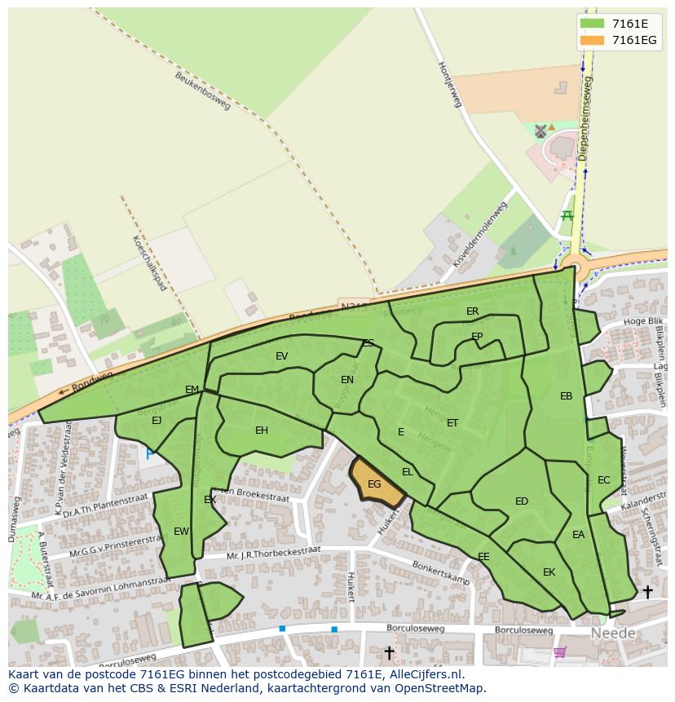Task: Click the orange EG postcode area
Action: click(x=376, y=484)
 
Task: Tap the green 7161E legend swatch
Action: click(x=592, y=24)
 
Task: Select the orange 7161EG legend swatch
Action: click(x=592, y=40)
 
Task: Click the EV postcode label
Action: click(x=282, y=356)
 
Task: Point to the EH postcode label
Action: click(x=262, y=430)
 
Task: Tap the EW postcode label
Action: click(x=181, y=532)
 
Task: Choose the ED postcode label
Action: click(x=522, y=501)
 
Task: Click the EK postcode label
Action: click(x=549, y=572)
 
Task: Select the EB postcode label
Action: click(x=566, y=396)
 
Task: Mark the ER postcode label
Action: click(x=472, y=311)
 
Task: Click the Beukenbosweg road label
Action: click(x=203, y=90)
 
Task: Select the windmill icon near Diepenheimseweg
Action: click(x=540, y=130)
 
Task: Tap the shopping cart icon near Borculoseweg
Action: click(x=559, y=651)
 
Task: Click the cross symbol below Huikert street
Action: click(x=389, y=652)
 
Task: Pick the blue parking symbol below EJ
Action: click(x=149, y=453)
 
